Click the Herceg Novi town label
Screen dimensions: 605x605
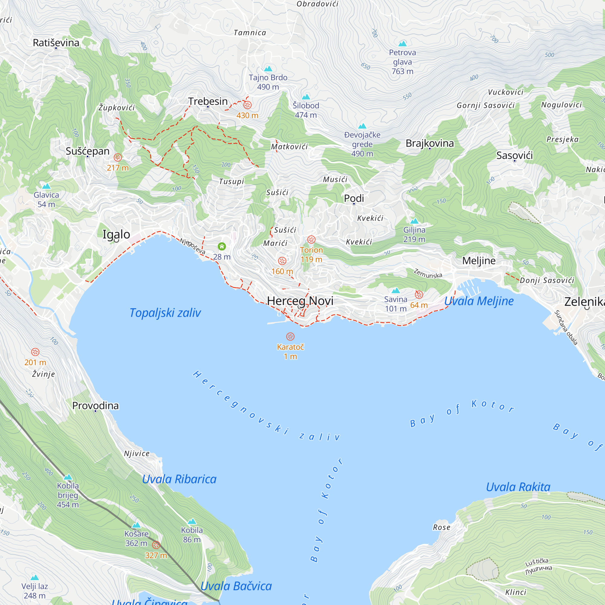[x=300, y=301]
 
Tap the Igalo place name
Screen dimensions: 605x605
[x=116, y=234]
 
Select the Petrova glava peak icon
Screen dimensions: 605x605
[x=402, y=44]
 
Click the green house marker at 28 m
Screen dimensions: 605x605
[x=222, y=247]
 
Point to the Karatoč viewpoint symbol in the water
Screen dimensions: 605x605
[x=290, y=337]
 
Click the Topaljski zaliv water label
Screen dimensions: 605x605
[x=165, y=313]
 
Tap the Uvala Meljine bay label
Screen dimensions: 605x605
[x=479, y=301]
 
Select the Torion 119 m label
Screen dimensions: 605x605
[x=311, y=255]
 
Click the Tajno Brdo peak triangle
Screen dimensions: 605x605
[x=268, y=69]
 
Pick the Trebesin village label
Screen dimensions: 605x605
[x=208, y=101]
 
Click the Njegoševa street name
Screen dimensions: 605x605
[x=192, y=246]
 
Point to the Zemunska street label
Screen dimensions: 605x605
[x=428, y=273]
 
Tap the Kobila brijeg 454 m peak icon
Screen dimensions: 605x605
[x=68, y=477]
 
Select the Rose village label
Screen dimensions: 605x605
[x=442, y=527]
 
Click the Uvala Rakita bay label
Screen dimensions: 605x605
[x=518, y=487]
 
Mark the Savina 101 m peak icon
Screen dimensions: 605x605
[x=396, y=290]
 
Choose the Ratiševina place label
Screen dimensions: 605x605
[x=56, y=43]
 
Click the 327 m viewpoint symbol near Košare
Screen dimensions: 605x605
[x=156, y=545]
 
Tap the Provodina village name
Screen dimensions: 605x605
[x=96, y=406]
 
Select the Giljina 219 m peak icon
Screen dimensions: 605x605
[x=414, y=221]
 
